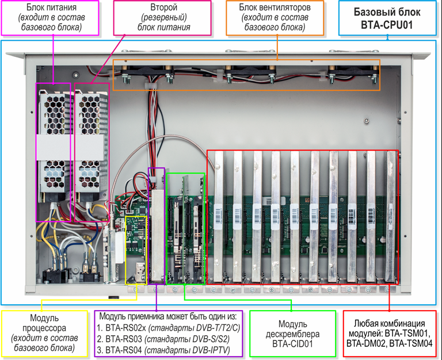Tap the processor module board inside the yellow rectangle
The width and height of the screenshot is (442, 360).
(x=136, y=247)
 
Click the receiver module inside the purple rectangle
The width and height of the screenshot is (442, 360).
(x=157, y=230)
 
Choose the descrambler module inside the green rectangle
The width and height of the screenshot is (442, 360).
(x=185, y=230)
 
